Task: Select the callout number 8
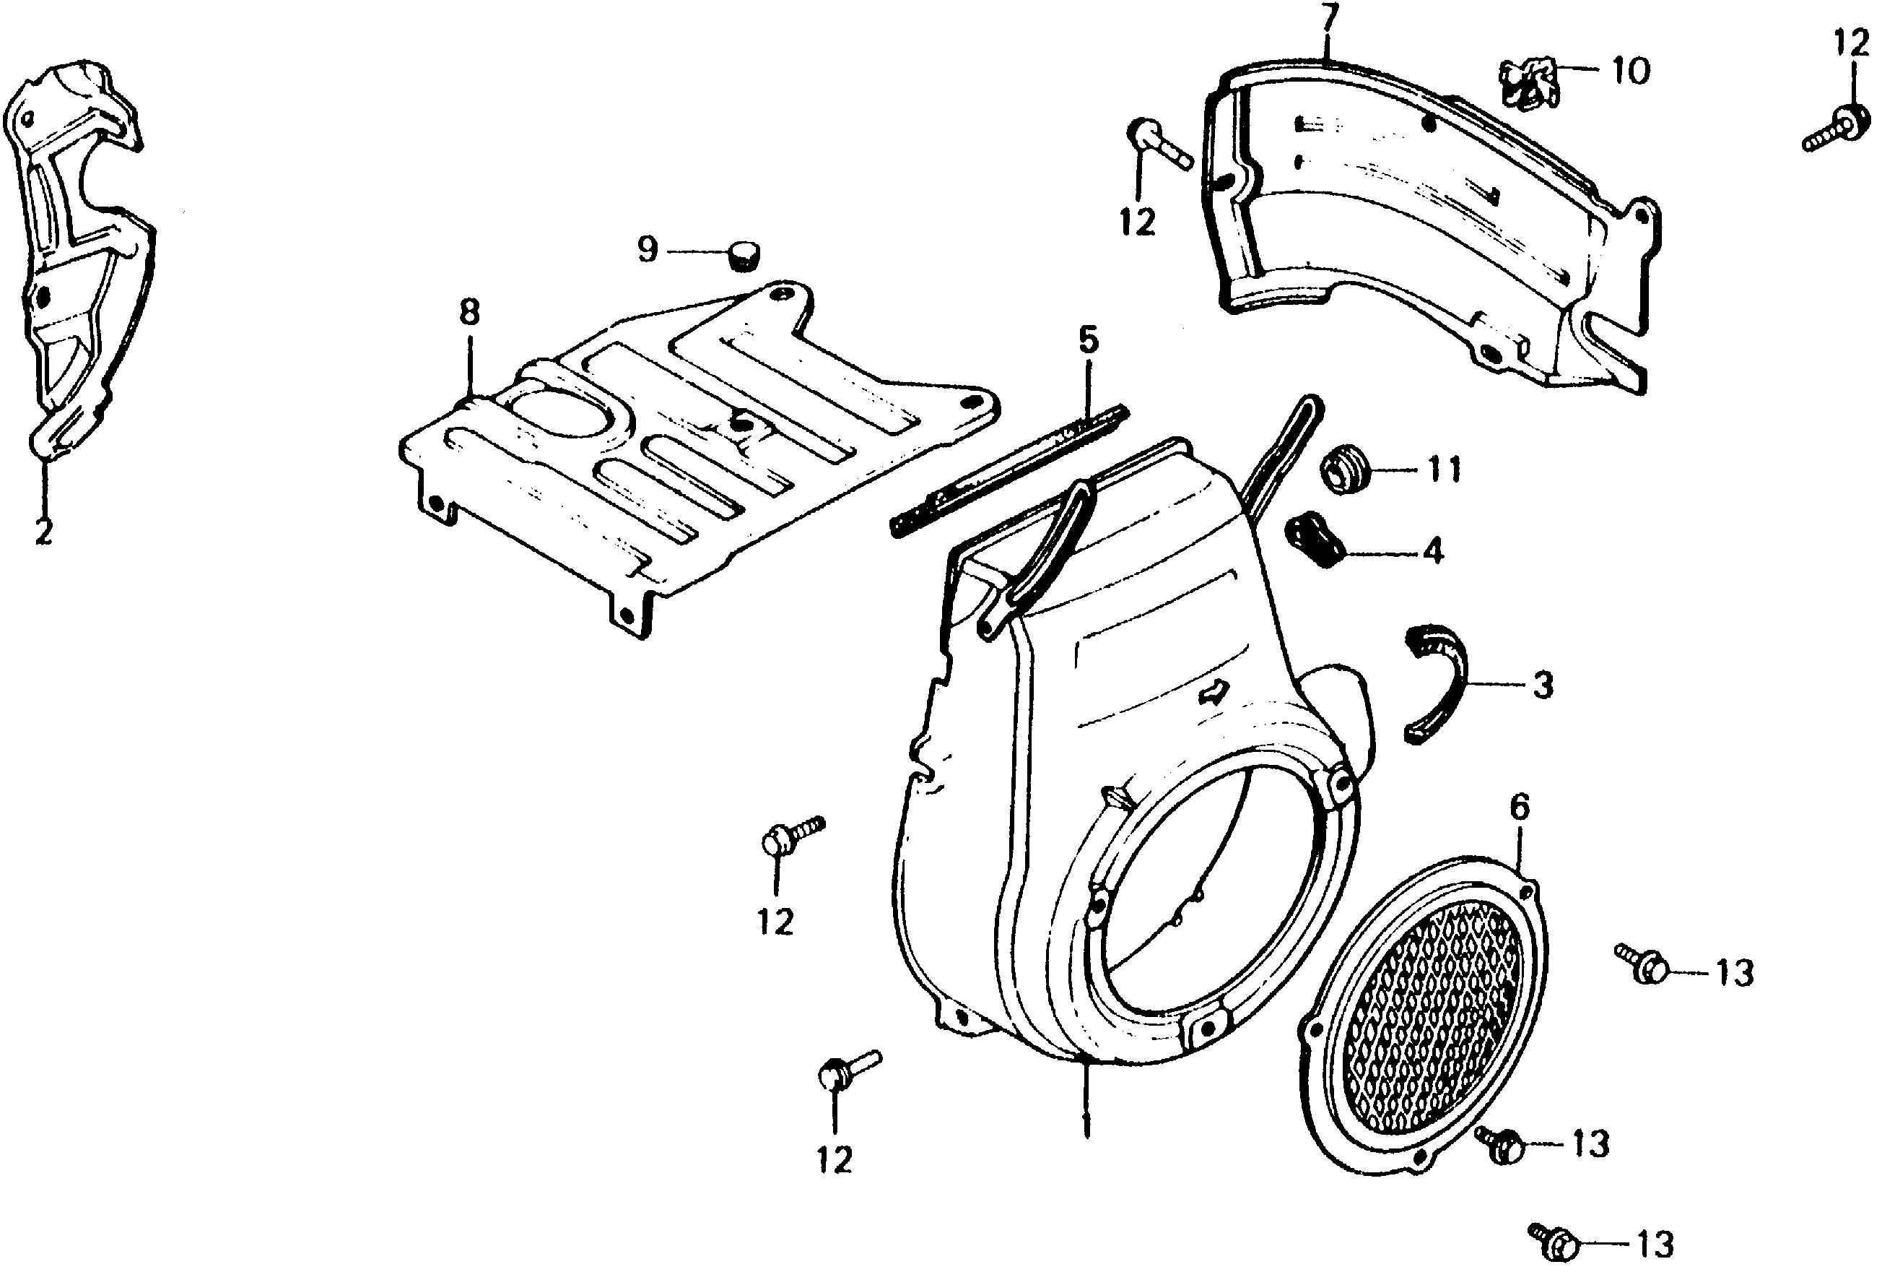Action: (x=470, y=312)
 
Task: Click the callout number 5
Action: (x=1089, y=340)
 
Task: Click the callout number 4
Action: (x=1434, y=553)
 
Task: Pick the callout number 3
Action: (x=1543, y=685)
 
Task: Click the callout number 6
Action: (x=1520, y=808)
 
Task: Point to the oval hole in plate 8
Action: (x=557, y=412)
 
